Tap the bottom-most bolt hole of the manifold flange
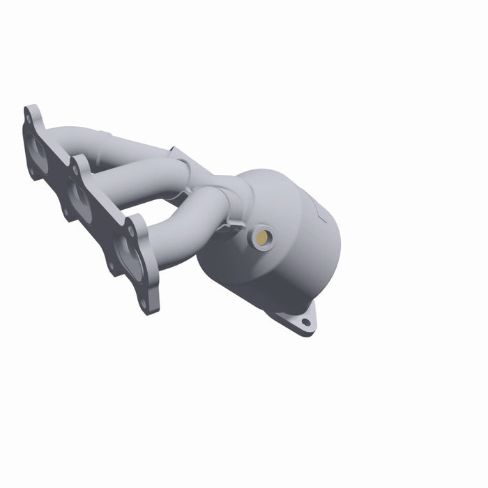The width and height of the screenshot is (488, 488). pos(144,305)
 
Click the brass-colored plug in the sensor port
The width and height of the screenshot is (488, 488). pos(262,238)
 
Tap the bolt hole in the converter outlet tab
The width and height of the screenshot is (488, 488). pos(305,322)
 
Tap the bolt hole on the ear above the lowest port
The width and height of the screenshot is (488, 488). pos(130,229)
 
